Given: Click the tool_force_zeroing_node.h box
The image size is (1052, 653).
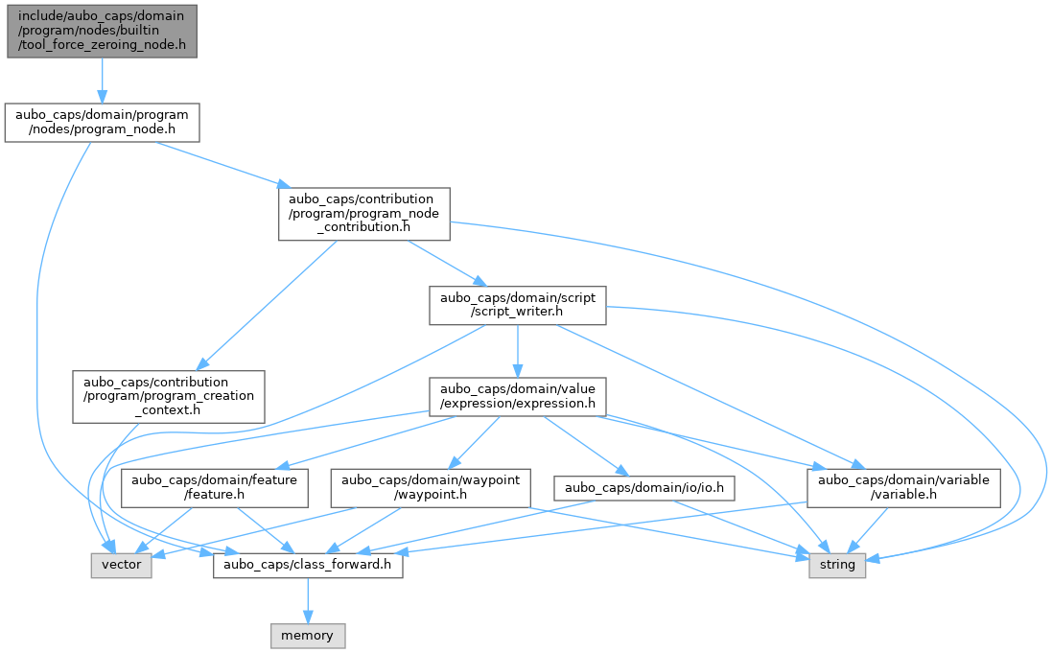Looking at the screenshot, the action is tap(102, 31).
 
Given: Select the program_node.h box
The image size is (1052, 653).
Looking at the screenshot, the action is tap(102, 122).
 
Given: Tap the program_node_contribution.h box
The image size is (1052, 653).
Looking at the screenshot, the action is tap(364, 214).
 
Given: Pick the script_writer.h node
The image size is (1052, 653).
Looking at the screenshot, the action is tap(517, 305).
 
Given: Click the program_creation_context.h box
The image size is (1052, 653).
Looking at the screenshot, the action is tap(169, 397).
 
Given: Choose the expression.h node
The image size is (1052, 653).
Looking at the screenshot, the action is tap(517, 397).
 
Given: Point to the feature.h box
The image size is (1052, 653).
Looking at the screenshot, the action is tap(214, 488).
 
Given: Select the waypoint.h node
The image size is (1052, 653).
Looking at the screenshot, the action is tap(430, 488).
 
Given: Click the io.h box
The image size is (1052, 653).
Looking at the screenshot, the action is tap(644, 488).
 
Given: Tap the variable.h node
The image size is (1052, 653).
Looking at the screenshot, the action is tap(903, 488).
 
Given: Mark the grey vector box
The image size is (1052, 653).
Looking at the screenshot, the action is tap(122, 565).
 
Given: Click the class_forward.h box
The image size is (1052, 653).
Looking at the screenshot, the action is tap(308, 565).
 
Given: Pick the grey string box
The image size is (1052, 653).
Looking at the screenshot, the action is tap(837, 565).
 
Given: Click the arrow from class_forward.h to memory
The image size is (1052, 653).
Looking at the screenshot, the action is tap(308, 600).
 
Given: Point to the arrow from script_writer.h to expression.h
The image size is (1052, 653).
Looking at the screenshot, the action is tap(517, 352).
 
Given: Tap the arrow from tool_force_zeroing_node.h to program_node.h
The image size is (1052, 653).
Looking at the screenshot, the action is tap(102, 81).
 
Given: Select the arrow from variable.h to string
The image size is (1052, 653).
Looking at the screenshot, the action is tap(870, 530).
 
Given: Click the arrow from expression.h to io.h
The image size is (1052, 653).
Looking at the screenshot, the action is tap(582, 446).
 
